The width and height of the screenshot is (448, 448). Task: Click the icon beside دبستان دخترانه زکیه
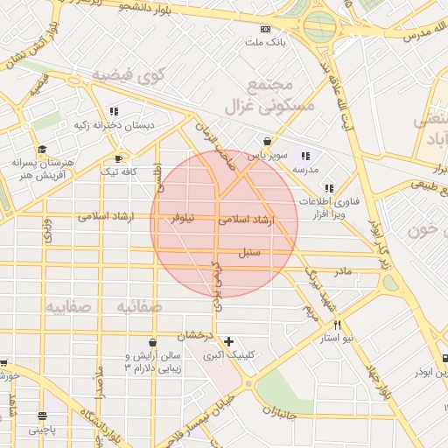[114, 111]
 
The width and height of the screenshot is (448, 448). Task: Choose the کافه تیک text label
[119, 172]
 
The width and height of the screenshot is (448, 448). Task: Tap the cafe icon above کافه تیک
[119, 159]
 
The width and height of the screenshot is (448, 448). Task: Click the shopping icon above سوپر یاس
[267, 141]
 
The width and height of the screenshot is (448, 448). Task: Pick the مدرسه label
[304, 168]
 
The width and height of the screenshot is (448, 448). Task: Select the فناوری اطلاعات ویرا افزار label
[327, 206]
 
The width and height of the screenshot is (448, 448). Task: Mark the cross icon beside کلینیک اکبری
[229, 341]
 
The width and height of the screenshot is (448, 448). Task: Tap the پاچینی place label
[41, 429]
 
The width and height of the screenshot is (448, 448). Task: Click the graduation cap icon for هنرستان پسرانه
[42, 150]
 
